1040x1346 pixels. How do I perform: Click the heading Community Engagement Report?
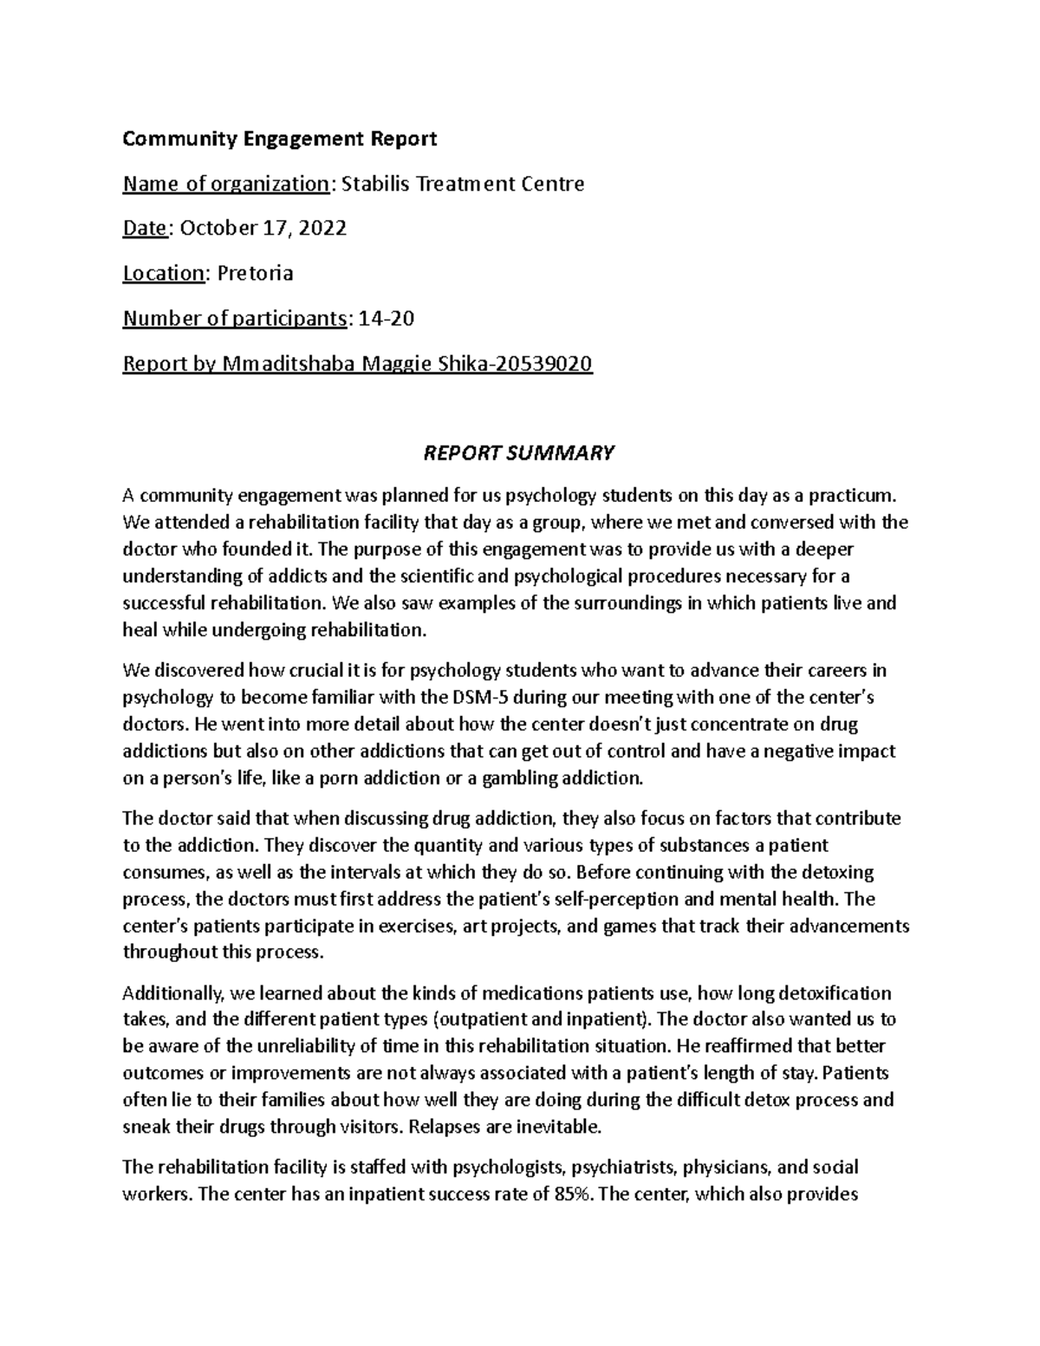(279, 139)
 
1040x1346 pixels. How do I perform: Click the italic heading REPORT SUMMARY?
(518, 452)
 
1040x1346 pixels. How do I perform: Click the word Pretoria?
(255, 274)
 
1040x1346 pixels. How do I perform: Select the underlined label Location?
(163, 274)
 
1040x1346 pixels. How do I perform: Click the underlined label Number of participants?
(235, 319)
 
